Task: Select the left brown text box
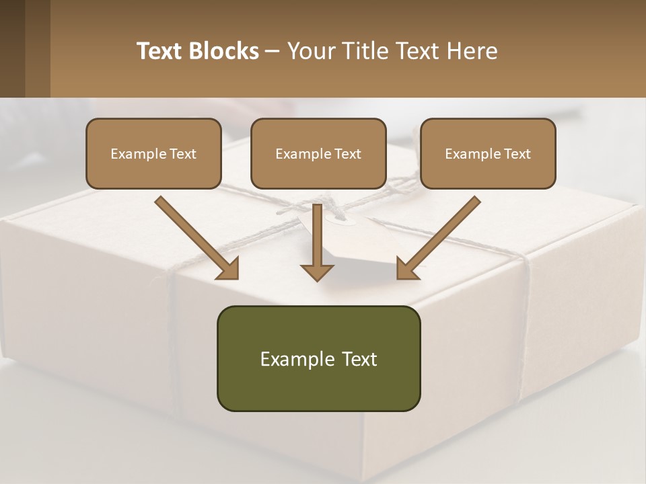153,153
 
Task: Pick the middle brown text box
318,153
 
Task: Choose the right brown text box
488,153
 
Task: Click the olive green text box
318,358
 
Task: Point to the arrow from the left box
195,235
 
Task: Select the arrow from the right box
440,235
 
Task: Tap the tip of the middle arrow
317,279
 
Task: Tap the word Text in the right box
517,154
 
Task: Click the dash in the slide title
273,51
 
